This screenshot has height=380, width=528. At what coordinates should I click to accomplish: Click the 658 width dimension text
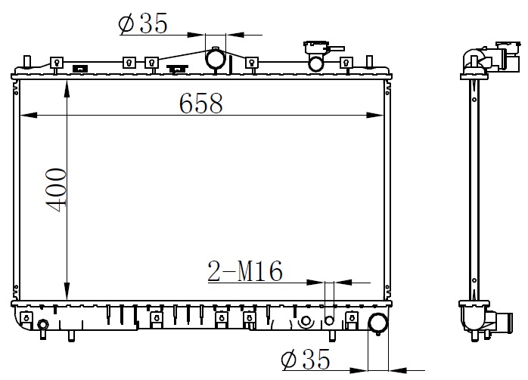coord(200,103)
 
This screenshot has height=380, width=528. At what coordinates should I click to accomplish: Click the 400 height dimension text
coord(56,190)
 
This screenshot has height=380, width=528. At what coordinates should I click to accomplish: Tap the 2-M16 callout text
coord(245,271)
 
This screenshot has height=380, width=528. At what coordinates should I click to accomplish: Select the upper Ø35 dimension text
coord(143,23)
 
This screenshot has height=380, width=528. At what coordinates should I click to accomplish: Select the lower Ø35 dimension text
coord(306,359)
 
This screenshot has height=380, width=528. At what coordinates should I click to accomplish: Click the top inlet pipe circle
coord(216,59)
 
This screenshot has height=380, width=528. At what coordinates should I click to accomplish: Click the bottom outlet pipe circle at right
coord(378,323)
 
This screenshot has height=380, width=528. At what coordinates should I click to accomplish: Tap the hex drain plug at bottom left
coord(43,324)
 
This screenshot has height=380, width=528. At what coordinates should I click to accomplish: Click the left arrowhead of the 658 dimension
coord(28,116)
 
